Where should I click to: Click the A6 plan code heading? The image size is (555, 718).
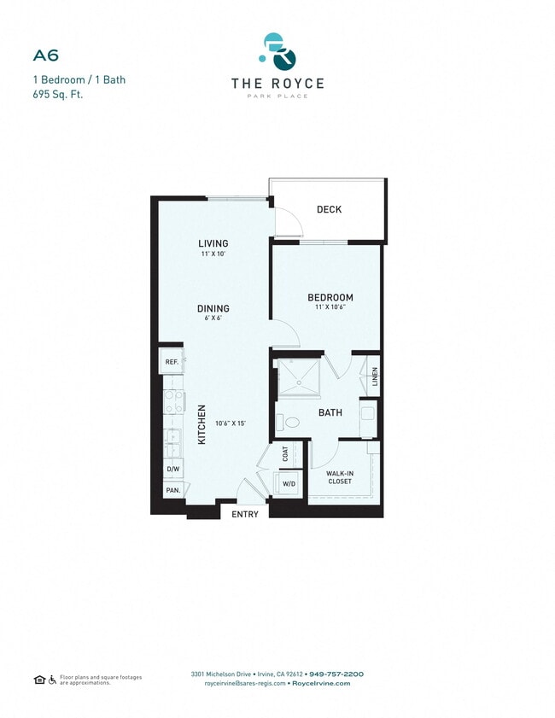[x=45, y=56]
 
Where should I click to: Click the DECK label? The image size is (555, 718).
[x=329, y=210]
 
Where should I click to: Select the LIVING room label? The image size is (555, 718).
[x=213, y=243]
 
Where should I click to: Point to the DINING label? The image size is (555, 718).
[x=213, y=309]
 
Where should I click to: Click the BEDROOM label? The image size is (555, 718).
[x=330, y=298]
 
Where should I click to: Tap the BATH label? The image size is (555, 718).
[x=330, y=412]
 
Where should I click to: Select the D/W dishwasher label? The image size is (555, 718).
[x=172, y=469]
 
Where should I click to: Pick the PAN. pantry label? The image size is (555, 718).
[x=172, y=490]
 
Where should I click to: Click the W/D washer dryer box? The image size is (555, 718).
[x=288, y=484]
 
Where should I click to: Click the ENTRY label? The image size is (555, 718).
[x=245, y=515]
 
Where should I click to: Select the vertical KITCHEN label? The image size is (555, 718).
[x=202, y=424]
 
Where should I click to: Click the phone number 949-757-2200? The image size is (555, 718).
[x=336, y=674]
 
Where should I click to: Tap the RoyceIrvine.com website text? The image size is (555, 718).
[x=320, y=683]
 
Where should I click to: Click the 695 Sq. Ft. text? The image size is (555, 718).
[x=57, y=94]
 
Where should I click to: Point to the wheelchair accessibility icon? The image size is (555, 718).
[x=52, y=680]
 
